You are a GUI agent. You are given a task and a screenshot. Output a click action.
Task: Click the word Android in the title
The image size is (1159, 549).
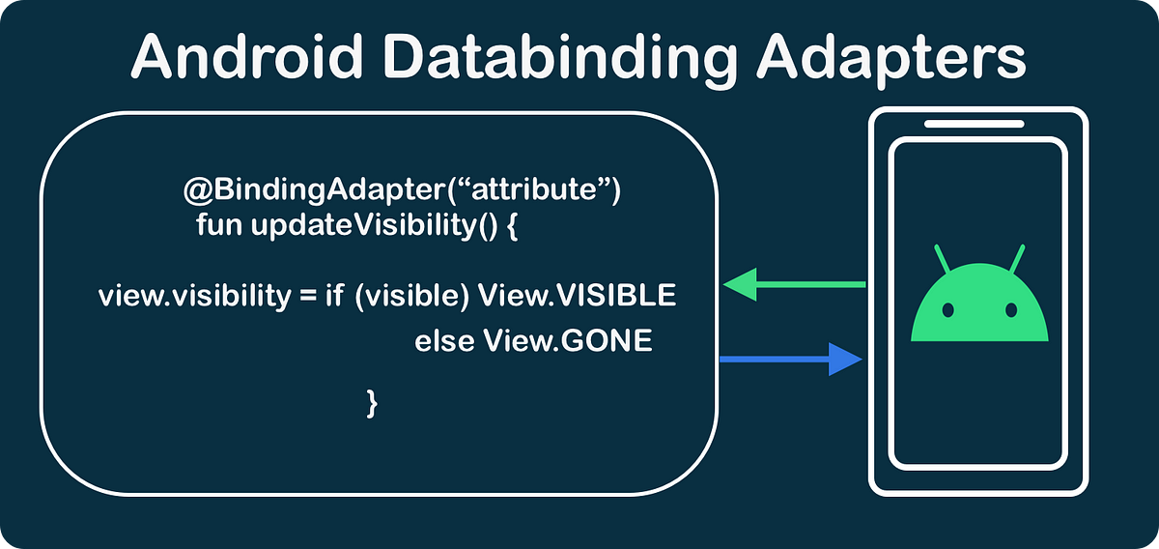(248, 56)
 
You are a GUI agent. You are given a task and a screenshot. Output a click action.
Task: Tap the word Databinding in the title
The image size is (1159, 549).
(560, 60)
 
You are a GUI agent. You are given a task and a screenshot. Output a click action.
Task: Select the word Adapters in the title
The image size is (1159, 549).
(890, 60)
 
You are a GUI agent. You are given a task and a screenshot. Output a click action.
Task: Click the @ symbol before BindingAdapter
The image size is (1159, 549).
(198, 189)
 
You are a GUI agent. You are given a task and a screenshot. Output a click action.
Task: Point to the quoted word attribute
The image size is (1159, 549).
(534, 189)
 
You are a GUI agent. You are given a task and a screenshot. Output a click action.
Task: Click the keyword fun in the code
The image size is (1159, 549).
(219, 225)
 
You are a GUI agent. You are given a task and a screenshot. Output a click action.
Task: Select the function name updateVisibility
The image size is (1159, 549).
(363, 226)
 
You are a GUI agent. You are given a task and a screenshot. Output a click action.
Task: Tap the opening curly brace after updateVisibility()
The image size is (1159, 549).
(512, 226)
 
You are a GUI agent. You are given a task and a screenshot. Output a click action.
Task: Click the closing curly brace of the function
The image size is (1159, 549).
(372, 404)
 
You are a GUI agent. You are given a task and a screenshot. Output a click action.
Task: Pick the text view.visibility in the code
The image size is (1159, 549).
(194, 296)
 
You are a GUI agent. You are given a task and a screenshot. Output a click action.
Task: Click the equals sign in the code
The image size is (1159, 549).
(308, 296)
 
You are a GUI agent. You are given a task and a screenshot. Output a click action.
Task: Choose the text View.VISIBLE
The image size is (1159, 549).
(577, 295)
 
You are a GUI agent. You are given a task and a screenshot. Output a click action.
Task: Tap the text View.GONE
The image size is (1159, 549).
(568, 340)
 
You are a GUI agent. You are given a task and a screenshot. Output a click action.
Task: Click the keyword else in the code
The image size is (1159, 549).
(444, 341)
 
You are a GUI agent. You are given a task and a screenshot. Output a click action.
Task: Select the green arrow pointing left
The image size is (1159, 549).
(794, 284)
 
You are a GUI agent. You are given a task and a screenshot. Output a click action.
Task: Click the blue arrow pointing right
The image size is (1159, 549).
(791, 359)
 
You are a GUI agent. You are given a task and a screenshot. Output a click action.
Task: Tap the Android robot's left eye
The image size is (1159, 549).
(947, 310)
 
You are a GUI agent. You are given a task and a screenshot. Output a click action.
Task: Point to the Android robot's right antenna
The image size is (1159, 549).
(1017, 258)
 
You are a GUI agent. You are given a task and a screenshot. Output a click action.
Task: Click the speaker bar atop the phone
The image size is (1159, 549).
(975, 124)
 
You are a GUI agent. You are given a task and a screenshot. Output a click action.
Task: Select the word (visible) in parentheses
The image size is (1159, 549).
(411, 296)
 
